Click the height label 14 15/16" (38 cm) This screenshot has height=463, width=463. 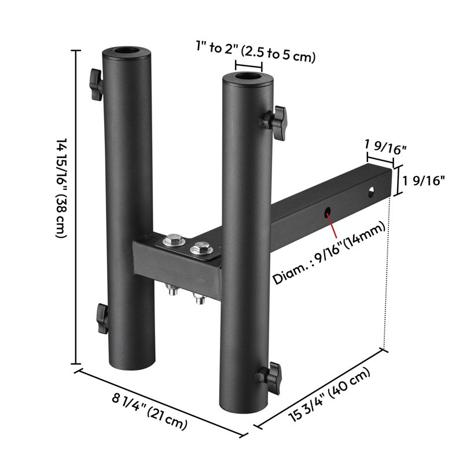pyautogui.click(x=62, y=188)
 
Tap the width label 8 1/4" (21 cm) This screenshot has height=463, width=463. pyautogui.click(x=150, y=411)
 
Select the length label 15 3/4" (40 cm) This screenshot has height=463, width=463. pyautogui.click(x=329, y=395)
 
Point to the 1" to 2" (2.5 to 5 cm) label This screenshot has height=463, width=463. pyautogui.click(x=256, y=52)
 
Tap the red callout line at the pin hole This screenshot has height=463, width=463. pyautogui.click(x=332, y=224)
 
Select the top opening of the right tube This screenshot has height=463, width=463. pyautogui.click(x=248, y=77)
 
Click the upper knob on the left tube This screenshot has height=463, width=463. pyautogui.click(x=96, y=84)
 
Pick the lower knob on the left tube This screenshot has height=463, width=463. pyautogui.click(x=102, y=319)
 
